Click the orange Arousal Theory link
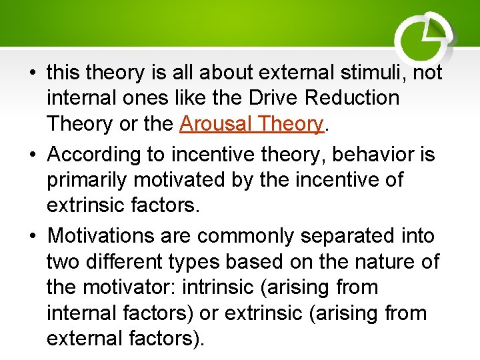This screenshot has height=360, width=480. (x=251, y=124)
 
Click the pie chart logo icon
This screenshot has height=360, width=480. (x=425, y=37)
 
